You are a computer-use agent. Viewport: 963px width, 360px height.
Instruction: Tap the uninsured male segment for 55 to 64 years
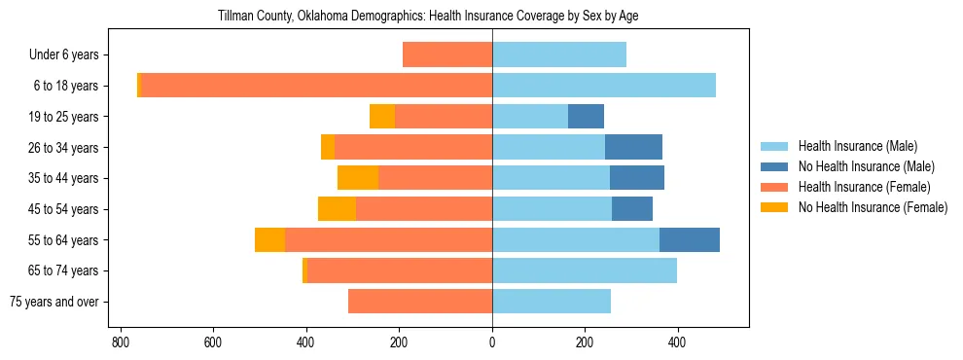[690, 239]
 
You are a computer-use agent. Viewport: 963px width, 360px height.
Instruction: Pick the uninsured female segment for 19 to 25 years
[382, 117]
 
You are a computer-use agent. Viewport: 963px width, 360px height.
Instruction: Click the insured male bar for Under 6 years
[559, 54]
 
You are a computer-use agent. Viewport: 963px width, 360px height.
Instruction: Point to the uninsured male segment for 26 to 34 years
[633, 147]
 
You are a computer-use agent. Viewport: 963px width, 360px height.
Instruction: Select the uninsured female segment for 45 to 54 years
[337, 209]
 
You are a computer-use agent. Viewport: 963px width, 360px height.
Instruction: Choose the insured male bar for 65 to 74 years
[585, 270]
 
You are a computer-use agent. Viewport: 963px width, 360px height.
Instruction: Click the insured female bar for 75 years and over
[420, 302]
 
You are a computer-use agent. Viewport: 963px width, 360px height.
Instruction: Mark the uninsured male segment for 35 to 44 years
[637, 178]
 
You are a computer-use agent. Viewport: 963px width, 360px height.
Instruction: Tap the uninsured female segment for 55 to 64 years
[269, 239]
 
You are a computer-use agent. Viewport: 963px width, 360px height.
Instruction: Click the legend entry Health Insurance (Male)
[857, 146]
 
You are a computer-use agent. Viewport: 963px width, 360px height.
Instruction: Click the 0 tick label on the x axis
[492, 343]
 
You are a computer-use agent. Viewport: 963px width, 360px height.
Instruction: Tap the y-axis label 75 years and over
[54, 302]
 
